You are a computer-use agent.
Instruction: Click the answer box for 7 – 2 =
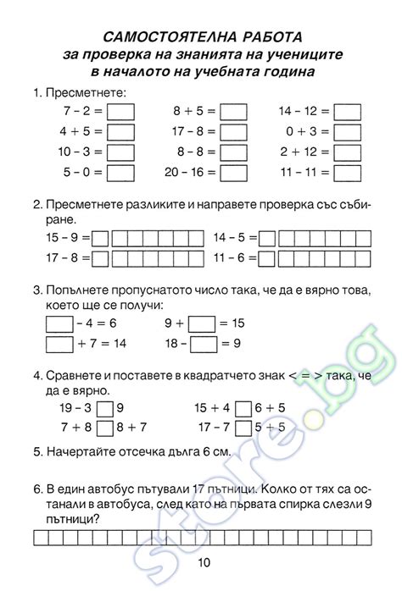click(x=121, y=111)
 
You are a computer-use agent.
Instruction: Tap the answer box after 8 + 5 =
click(x=233, y=111)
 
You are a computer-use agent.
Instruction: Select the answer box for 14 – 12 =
click(x=347, y=111)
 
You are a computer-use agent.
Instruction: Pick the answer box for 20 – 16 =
click(x=233, y=172)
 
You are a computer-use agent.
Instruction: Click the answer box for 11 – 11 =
click(x=347, y=172)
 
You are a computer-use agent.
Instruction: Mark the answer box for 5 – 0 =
click(x=121, y=172)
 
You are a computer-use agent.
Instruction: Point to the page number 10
click(x=204, y=565)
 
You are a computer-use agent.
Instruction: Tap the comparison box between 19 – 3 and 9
click(x=105, y=409)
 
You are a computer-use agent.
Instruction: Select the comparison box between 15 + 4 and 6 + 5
click(x=243, y=409)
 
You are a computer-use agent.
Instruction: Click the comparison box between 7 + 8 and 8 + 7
click(x=105, y=428)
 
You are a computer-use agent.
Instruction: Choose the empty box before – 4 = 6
click(x=59, y=323)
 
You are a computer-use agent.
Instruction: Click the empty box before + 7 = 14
click(x=59, y=343)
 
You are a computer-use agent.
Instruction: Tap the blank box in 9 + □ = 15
click(x=202, y=323)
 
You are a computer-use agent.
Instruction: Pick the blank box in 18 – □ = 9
click(x=204, y=343)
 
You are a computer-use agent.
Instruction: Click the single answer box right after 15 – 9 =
click(x=100, y=237)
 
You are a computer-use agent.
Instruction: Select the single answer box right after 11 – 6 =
click(x=266, y=257)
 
